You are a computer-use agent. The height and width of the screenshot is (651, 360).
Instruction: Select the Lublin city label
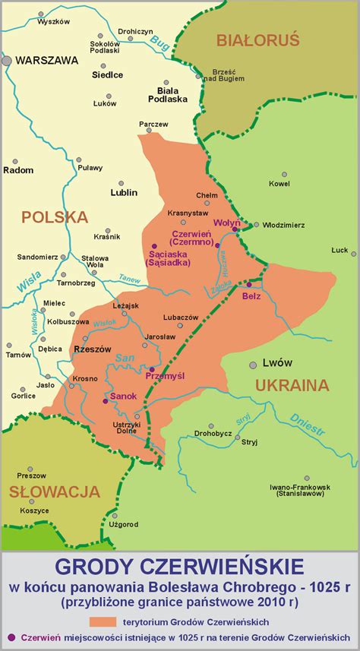(124, 193)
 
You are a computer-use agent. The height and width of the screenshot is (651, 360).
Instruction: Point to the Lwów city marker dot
(251, 364)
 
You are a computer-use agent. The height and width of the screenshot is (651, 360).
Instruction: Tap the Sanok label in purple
(124, 397)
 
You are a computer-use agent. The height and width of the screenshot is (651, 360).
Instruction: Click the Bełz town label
(251, 296)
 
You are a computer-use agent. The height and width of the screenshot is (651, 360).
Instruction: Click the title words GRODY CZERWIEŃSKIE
(179, 567)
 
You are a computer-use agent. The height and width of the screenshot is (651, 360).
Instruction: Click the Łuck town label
(339, 250)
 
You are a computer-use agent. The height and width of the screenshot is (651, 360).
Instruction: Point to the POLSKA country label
(55, 217)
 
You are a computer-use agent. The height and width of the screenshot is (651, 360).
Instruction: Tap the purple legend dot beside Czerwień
(10, 637)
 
